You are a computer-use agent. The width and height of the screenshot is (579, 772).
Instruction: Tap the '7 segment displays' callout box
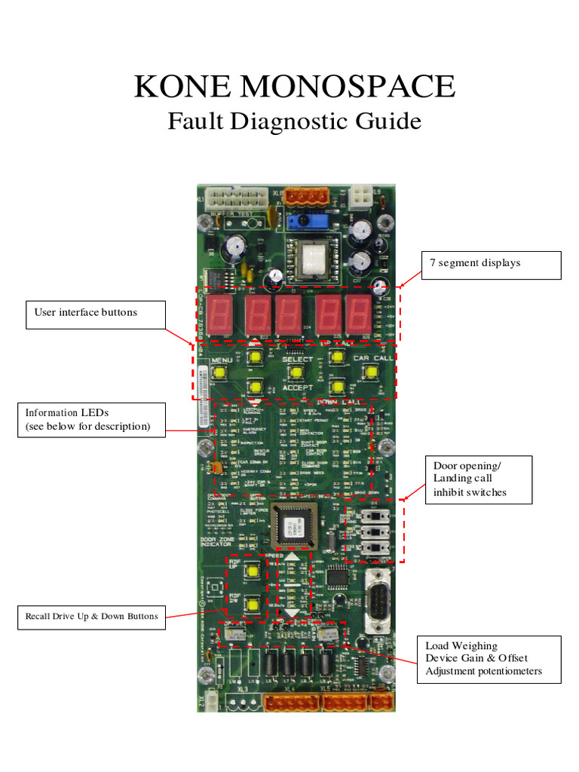pos(491,265)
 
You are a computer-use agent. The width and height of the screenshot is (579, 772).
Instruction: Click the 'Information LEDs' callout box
pos(92,420)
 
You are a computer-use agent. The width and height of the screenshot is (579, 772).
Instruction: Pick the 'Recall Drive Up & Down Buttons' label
pos(92,616)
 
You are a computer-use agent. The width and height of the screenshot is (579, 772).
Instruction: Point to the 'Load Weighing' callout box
pos(489,659)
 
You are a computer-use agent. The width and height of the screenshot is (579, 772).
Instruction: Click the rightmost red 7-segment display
pos(357,314)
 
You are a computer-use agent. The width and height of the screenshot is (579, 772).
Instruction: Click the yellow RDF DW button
pos(252,602)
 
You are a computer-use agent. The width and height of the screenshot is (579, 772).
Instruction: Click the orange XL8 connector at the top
pos(308,195)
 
